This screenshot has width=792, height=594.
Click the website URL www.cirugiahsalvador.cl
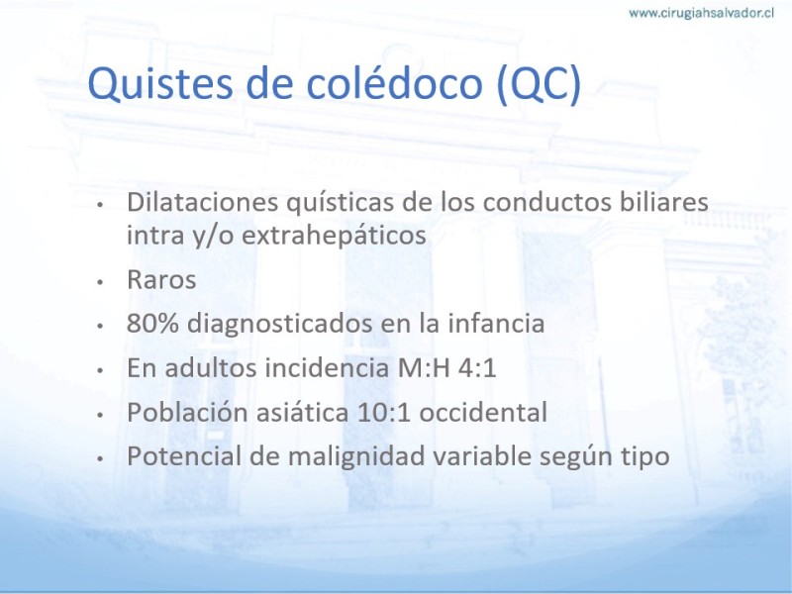coord(701,13)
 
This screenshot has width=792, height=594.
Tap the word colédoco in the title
coord(394,82)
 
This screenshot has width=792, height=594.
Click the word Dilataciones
coord(203,202)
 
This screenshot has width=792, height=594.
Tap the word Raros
coord(161,279)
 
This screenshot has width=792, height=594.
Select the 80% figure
coord(152,324)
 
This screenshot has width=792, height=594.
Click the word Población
coord(187,412)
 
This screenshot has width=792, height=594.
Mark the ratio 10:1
coord(384,412)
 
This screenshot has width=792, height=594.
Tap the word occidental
coord(483,412)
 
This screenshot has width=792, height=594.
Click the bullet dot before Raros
coord(100,282)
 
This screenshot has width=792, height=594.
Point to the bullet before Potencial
coord(100,458)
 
